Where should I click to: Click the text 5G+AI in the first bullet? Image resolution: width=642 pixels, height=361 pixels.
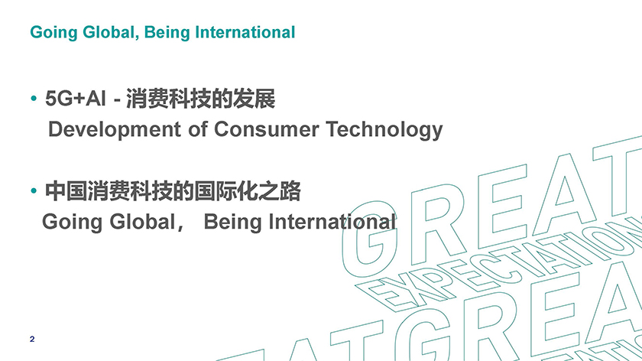pos(76,99)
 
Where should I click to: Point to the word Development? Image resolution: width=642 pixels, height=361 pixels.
pos(115,129)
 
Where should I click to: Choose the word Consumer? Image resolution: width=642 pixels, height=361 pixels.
pos(266,129)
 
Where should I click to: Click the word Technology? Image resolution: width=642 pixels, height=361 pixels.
pos(384,130)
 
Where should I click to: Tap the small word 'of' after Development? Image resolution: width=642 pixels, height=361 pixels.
pos(198,128)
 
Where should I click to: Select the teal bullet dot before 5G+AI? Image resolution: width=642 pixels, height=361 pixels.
pos(34,99)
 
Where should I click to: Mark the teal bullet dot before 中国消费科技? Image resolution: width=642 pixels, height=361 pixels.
pos(34,190)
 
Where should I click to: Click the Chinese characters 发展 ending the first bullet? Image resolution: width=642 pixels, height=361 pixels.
pos(254,99)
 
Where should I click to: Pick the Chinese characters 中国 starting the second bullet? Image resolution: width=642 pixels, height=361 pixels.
pos(66,191)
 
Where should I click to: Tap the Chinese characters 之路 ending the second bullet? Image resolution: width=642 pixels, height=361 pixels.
pos(280,191)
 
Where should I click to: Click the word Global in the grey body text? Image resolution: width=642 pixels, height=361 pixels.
pos(142,222)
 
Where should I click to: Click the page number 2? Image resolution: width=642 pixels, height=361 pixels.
pos(32,339)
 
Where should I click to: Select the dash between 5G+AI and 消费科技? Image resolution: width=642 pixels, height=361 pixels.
pos(117,101)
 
